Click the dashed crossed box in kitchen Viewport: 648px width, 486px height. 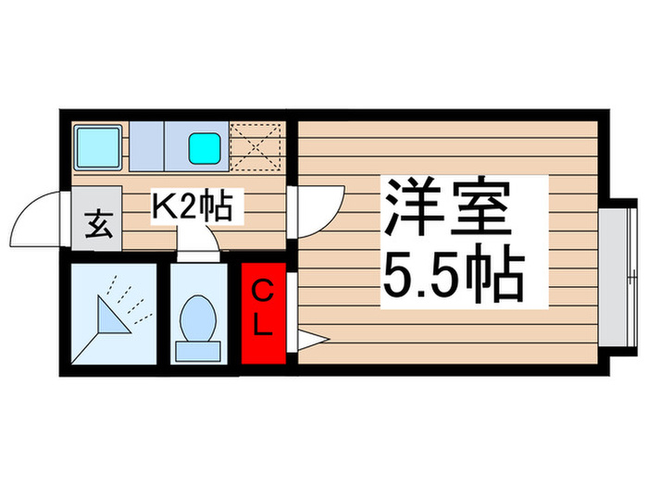pyautogui.click(x=256, y=145)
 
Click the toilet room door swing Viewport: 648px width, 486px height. pyautogui.click(x=197, y=244)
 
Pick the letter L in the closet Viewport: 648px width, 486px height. pyautogui.click(x=264, y=326)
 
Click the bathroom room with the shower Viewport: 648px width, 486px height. pyautogui.click(x=112, y=315)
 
